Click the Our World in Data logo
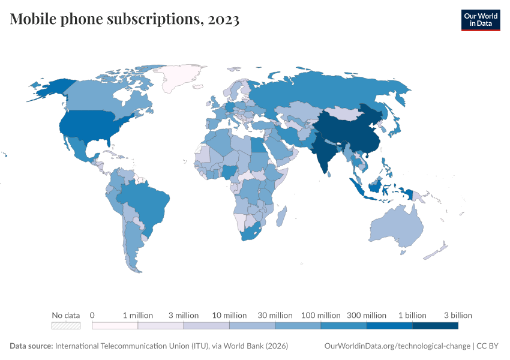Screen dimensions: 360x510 pos(480,20)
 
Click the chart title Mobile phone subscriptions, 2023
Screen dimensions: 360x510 pos(125,19)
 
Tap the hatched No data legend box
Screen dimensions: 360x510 pos(66,325)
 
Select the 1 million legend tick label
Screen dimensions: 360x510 pos(138,315)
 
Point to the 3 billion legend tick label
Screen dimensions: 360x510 pos(458,315)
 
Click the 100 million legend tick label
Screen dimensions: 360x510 pos(320,315)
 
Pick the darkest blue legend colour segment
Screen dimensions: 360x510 pos(435,325)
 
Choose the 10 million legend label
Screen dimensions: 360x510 pos(229,315)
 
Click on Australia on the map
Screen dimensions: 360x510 pos(397,228)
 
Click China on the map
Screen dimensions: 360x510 pos(354,132)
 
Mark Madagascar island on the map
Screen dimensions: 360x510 pos(281,216)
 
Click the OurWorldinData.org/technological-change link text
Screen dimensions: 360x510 pos(397,346)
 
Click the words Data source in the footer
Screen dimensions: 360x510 pos(31,346)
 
